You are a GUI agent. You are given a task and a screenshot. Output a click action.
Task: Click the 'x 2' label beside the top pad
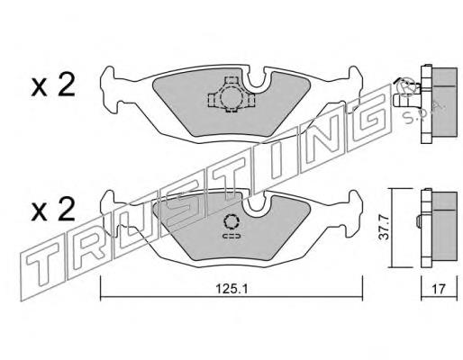click(x=51, y=85)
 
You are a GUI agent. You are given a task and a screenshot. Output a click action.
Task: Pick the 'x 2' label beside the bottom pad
click(x=51, y=212)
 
